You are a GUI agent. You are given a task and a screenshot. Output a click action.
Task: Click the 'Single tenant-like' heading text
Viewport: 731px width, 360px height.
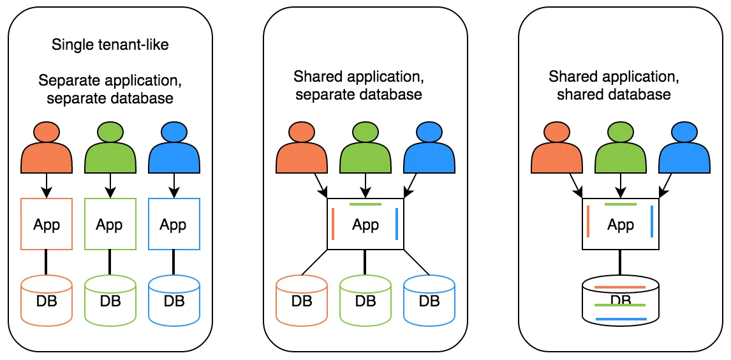coord(110,45)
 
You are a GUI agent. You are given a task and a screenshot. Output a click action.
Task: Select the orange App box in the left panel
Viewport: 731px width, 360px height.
coord(47,224)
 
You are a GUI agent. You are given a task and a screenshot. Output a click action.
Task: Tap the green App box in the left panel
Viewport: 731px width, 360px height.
coord(110,224)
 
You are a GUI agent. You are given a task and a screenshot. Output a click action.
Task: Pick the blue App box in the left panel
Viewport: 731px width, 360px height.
coord(174,224)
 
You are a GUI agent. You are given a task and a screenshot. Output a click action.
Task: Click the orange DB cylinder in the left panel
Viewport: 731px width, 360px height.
coord(47,299)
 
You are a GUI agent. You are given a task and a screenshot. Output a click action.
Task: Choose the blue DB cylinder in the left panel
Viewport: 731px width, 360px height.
coord(174,299)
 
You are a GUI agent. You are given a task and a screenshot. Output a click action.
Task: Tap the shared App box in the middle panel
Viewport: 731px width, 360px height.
coord(365,224)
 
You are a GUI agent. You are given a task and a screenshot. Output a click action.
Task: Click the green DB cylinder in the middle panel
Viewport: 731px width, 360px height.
coord(365,299)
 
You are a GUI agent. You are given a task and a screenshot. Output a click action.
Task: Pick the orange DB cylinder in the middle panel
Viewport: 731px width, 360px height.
coord(302,299)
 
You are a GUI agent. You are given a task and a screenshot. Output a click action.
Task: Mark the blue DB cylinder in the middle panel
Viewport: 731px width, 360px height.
coord(429,299)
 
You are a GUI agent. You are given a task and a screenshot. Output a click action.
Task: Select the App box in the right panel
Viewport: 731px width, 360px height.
coord(621,224)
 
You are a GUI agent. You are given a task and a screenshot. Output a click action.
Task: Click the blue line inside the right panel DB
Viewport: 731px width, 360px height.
coord(621,319)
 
